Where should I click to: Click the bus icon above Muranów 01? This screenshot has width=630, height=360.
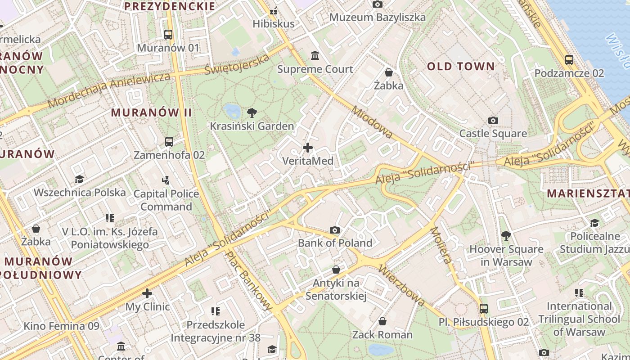click(168, 34)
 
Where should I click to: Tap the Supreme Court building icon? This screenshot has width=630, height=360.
click(315, 56)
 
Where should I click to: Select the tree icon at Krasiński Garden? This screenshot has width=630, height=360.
click(252, 113)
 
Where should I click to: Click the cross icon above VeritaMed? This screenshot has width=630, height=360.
click(308, 148)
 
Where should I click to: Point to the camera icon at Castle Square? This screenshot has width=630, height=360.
click(493, 120)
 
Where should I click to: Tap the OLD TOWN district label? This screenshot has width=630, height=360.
click(461, 67)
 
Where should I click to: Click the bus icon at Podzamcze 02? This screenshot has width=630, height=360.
click(569, 59)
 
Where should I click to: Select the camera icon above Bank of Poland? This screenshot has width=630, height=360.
click(335, 230)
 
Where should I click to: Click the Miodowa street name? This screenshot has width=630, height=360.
click(372, 122)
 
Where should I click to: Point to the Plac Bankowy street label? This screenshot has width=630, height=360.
click(249, 280)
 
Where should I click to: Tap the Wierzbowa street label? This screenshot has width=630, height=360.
click(402, 285)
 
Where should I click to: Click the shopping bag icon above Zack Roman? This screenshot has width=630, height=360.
click(382, 321)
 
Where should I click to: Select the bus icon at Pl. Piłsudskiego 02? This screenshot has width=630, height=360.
click(484, 309)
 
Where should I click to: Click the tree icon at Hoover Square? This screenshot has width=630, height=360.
click(506, 235)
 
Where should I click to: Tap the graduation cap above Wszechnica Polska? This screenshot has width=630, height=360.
click(80, 179)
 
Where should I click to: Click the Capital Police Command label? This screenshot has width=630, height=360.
click(166, 200)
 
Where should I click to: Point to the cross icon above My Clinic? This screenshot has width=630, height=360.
click(147, 293)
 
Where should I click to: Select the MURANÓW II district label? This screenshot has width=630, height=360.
click(152, 112)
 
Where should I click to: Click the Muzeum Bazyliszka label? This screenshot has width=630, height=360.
click(378, 18)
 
